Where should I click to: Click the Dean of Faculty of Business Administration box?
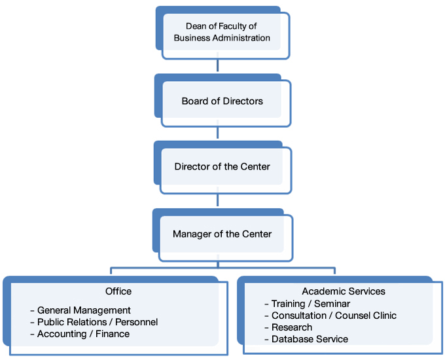222,33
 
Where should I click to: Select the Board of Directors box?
222,101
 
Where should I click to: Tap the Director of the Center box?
222,167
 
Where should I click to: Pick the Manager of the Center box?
222,234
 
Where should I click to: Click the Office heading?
118,291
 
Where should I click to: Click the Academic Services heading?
344,291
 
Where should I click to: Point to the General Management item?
84,310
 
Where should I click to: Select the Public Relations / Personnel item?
98,322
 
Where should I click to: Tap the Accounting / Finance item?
83,334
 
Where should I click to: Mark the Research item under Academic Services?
292,327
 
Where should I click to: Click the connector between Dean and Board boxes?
218,66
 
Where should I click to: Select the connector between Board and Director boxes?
218,133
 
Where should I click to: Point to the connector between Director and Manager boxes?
218,200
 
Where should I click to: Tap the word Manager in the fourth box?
190,234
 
